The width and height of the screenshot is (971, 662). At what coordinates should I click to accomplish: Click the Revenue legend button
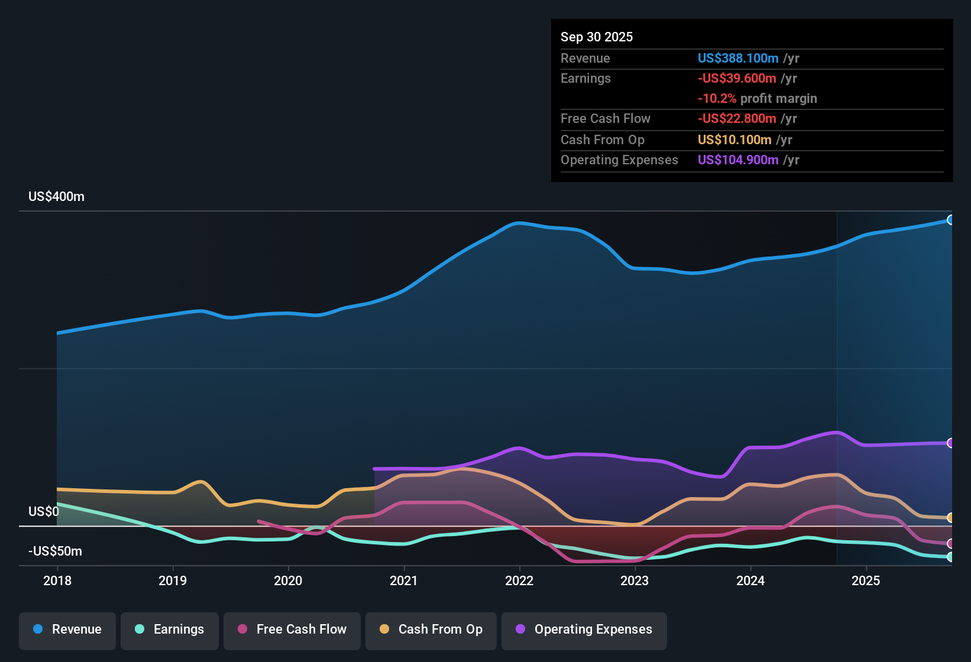(67, 629)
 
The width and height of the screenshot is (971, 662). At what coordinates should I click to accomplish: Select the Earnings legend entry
(170, 629)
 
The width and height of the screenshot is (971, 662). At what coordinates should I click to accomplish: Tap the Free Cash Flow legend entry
(292, 629)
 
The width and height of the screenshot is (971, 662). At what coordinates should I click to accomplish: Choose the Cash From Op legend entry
(431, 629)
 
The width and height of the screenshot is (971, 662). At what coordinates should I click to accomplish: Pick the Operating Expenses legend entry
(584, 629)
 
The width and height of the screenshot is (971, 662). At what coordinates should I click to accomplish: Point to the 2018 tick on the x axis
(57, 580)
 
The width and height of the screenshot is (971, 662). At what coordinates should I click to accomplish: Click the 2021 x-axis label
(404, 580)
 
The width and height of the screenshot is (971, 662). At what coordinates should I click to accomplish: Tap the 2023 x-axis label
(635, 580)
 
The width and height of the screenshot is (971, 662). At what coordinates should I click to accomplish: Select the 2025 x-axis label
(866, 580)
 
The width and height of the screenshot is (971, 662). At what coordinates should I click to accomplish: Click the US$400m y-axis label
(56, 197)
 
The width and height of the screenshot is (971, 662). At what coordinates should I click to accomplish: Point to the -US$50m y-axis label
(55, 551)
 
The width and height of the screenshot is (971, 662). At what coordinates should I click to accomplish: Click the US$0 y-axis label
(44, 512)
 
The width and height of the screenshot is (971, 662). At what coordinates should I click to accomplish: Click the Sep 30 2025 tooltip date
(596, 37)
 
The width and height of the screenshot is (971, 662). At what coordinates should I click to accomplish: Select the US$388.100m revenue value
(737, 59)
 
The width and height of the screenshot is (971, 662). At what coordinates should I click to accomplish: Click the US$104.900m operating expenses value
(737, 160)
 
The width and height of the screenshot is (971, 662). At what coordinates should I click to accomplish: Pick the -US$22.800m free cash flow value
(736, 119)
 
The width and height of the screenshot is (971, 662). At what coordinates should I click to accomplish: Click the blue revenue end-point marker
(950, 220)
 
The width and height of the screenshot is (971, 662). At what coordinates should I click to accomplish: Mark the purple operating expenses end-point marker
(950, 443)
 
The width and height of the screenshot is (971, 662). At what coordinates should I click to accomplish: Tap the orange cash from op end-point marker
(950, 518)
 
